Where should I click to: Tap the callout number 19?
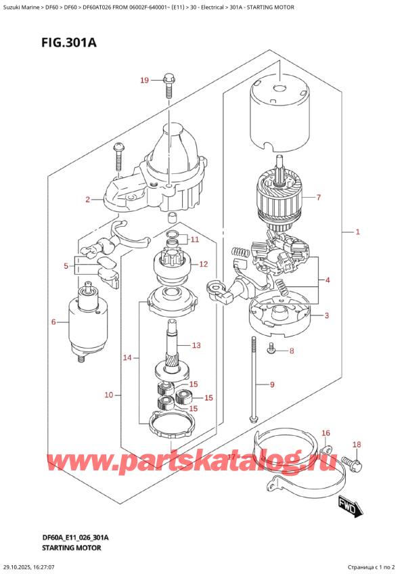click(143, 81)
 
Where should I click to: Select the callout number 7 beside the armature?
click(318, 198)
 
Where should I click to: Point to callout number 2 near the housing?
click(87, 200)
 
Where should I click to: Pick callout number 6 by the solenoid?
click(53, 322)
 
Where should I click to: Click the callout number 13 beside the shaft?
click(196, 345)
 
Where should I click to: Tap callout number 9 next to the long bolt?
click(272, 385)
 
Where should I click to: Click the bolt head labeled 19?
click(168, 83)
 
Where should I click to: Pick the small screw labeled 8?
click(271, 349)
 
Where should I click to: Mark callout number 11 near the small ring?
click(195, 239)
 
